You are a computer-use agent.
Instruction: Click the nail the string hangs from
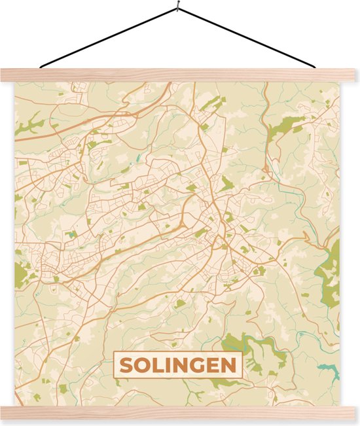tap(177, 8)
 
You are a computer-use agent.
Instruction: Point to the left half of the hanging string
tap(108, 37)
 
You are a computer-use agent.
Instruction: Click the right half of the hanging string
tap(249, 38)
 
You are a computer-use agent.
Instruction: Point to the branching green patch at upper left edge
tap(29, 124)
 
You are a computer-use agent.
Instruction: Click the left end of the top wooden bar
tap(8, 75)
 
